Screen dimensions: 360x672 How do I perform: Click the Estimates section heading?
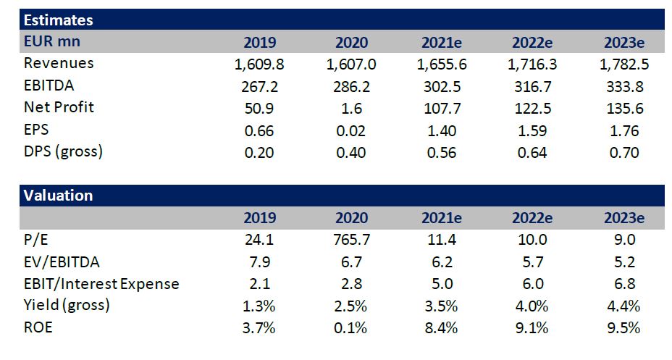(x=59, y=20)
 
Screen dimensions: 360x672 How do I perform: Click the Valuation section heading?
(x=58, y=196)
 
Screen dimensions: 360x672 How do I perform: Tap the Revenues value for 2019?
(x=259, y=64)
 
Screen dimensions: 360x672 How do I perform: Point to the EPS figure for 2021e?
(x=442, y=130)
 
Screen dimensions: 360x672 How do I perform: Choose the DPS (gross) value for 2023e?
(x=623, y=152)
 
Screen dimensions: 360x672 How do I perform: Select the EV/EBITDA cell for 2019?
(x=259, y=261)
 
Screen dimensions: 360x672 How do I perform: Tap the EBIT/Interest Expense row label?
(x=101, y=283)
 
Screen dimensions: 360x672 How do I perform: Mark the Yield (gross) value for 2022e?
(x=532, y=305)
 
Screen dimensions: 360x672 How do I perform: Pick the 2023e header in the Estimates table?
(x=623, y=42)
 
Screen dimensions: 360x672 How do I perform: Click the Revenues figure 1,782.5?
(x=623, y=64)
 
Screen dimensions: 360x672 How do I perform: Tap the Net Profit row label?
(x=59, y=108)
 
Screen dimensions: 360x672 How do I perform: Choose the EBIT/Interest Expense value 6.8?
(x=623, y=283)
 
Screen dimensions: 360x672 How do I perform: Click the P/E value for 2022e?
(x=532, y=240)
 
